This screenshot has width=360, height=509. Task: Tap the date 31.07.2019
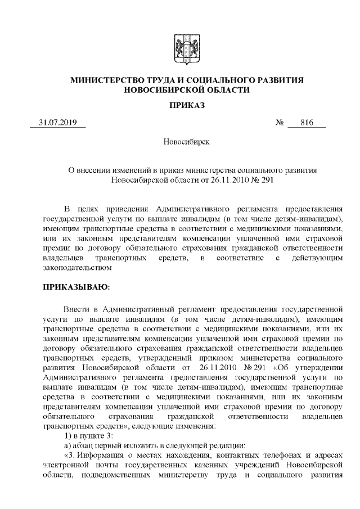[x=57, y=123]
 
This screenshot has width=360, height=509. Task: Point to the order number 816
[x=307, y=123]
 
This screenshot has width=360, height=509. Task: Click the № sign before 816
[x=280, y=123]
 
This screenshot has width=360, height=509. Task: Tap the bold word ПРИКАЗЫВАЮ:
[x=76, y=287]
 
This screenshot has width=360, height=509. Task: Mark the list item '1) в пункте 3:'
[x=89, y=435]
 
